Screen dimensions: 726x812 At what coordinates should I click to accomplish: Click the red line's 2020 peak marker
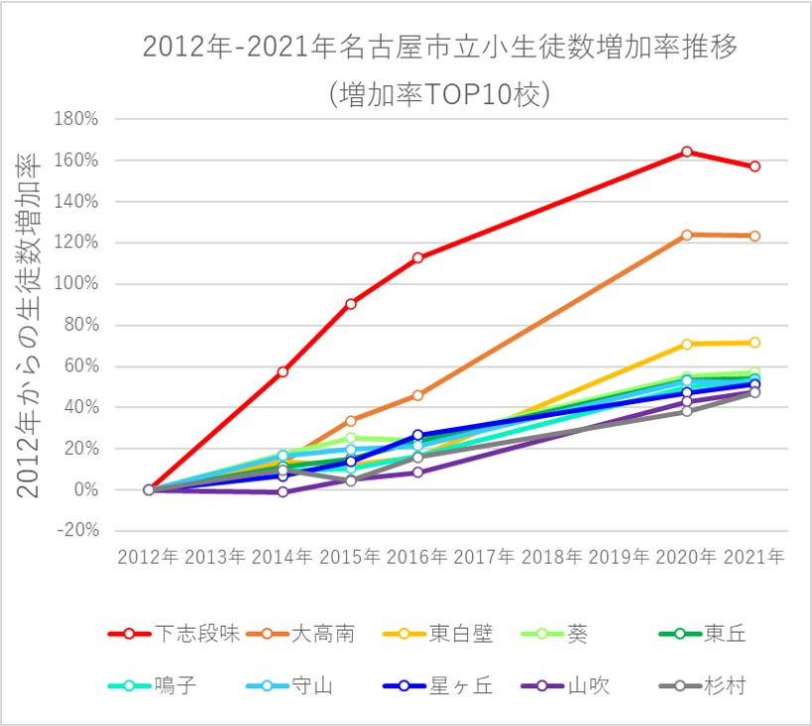686,152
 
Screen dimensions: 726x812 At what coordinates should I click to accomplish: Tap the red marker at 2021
754,166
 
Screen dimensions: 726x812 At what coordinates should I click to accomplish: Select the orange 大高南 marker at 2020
686,235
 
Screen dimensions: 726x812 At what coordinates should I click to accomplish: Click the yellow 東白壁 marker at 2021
754,343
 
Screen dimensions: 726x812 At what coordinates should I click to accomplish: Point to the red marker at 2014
283,371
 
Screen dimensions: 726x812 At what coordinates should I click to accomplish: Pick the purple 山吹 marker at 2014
283,492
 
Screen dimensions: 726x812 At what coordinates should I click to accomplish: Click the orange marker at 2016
417,395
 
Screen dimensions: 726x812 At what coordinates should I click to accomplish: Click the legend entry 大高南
323,634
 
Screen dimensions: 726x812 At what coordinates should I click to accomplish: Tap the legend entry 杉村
726,685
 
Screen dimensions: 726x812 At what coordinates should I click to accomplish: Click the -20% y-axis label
78,531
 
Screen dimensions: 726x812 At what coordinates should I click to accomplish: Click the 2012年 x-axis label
148,557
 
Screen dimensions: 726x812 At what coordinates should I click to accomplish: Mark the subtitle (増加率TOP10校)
439,95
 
